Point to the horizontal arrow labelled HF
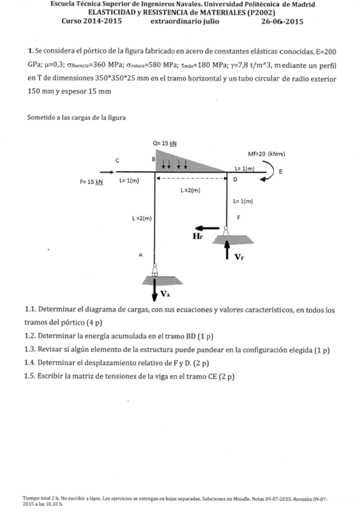(x=209, y=228)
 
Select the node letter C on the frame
(x=117, y=160)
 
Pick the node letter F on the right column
(x=238, y=217)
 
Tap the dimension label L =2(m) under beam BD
(x=190, y=190)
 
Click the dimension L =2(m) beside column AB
(x=141, y=218)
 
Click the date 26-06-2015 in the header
(x=282, y=21)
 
